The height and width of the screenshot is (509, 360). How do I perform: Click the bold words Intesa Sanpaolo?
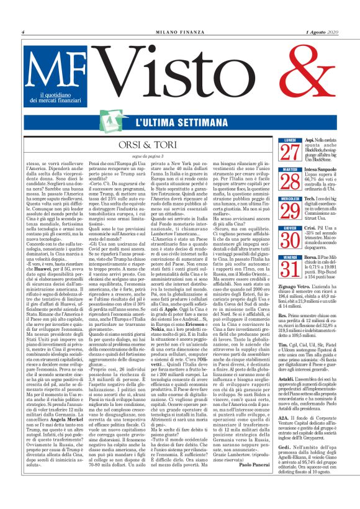pos(322,170)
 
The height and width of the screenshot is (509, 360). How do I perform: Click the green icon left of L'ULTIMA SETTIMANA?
pos(122,122)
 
